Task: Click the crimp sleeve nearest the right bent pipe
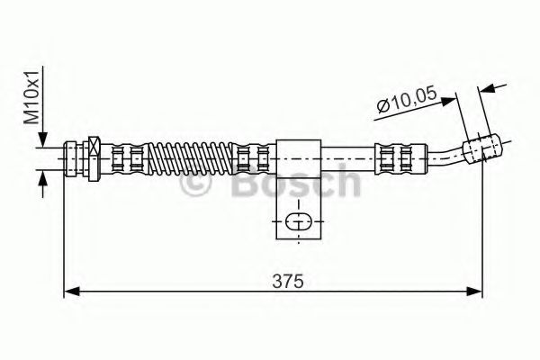point(390,158)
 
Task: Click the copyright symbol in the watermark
point(198,184)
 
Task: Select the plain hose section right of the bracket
point(346,158)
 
